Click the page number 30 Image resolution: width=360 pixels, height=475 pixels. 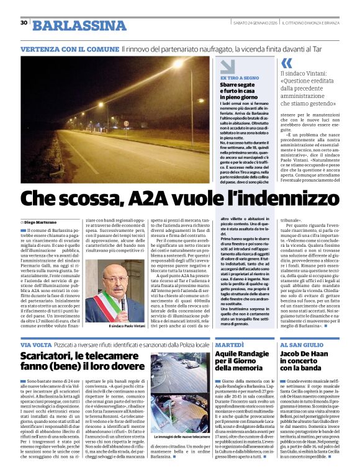click(24, 23)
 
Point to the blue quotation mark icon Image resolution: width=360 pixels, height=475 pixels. click(286, 63)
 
